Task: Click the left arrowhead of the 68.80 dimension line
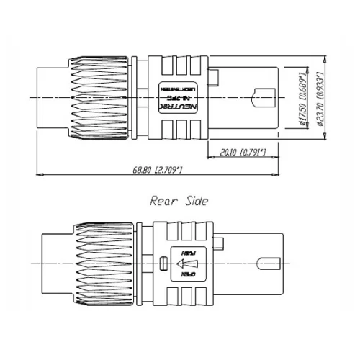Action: pyautogui.click(x=38, y=175)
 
